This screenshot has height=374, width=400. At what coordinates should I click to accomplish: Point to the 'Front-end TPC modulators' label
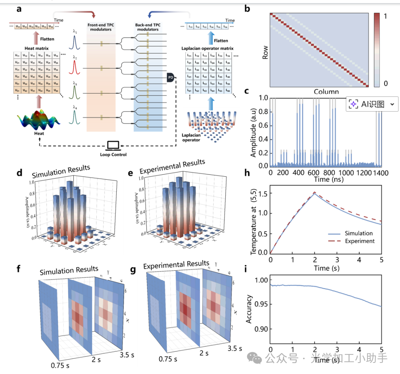click(101, 27)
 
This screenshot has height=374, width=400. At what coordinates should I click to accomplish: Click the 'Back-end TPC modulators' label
click(147, 27)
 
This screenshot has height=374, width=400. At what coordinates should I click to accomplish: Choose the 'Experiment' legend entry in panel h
click(359, 241)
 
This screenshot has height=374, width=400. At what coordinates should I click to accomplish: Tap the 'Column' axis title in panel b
click(326, 91)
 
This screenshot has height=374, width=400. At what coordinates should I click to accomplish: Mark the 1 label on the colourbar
click(385, 17)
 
